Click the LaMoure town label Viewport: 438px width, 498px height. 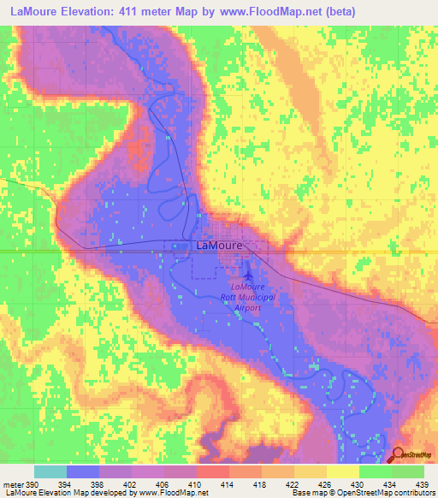pyautogui.click(x=220, y=245)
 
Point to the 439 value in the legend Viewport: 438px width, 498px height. pyautogui.click(x=423, y=483)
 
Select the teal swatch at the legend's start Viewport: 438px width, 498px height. pyautogui.click(x=50, y=471)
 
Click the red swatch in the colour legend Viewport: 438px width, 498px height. pyautogui.click(x=213, y=471)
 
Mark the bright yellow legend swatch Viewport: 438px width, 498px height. pyautogui.click(x=342, y=471)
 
